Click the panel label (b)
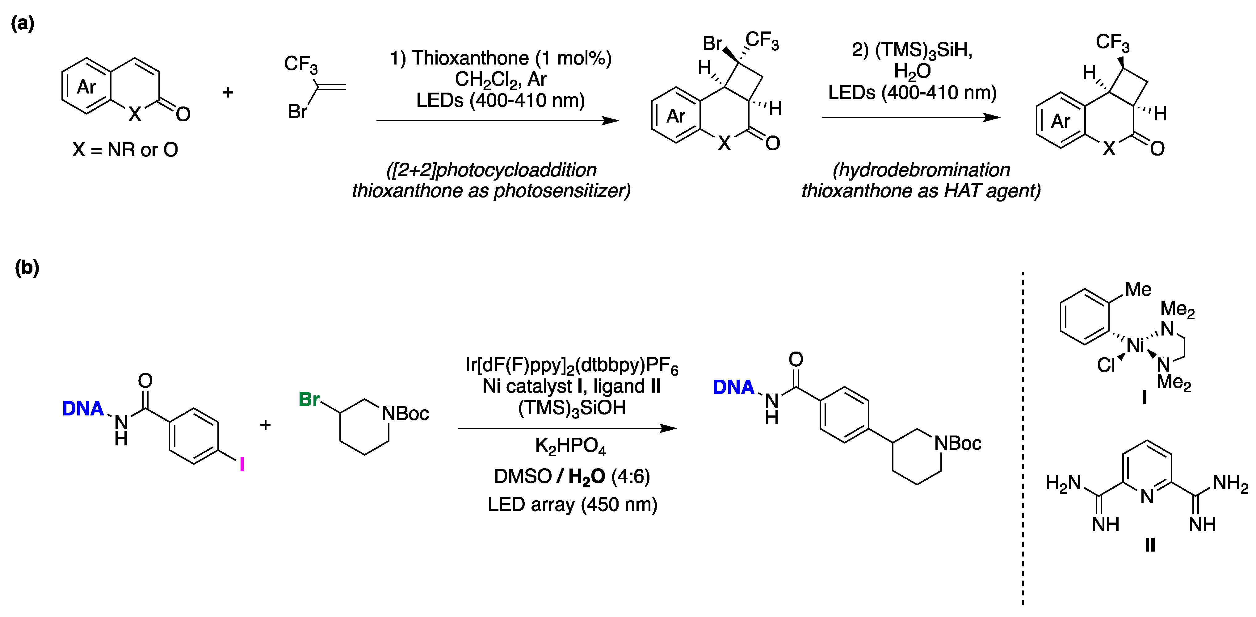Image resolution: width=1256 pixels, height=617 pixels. click(27, 268)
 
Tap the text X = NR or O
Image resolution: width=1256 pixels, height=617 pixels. click(125, 150)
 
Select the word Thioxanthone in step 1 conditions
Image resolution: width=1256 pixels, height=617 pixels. click(469, 58)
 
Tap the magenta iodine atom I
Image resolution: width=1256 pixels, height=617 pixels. click(242, 465)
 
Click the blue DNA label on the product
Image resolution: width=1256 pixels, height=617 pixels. click(733, 387)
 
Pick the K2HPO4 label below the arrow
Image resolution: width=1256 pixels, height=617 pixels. click(570, 446)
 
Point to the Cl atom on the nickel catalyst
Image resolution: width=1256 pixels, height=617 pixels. click(1106, 365)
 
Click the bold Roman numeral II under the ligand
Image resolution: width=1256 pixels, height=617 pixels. click(1150, 545)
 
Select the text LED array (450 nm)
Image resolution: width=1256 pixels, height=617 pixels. click(573, 504)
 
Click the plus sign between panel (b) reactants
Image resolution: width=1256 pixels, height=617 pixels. click(265, 425)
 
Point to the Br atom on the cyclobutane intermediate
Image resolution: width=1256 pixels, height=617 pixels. click(712, 44)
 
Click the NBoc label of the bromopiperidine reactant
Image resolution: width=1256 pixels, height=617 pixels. click(405, 414)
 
